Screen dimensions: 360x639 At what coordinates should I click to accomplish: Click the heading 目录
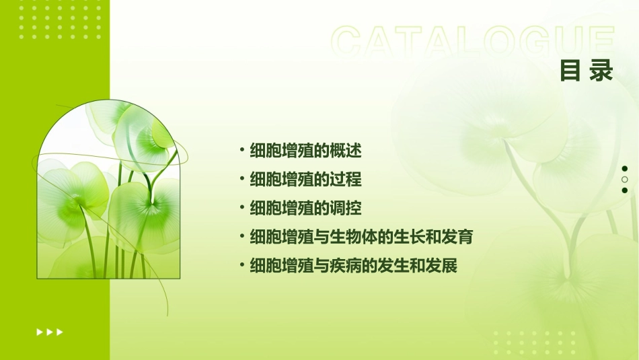(587, 71)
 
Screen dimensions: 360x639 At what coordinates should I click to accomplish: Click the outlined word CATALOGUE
(472, 42)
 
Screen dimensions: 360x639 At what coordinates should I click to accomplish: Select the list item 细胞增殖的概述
(305, 151)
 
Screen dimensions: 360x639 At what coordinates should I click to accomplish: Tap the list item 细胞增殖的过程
(305, 180)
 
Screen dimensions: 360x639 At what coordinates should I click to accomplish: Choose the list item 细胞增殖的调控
(305, 209)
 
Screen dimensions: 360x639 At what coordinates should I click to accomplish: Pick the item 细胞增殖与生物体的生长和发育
(361, 237)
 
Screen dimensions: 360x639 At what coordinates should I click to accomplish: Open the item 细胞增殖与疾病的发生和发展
(353, 266)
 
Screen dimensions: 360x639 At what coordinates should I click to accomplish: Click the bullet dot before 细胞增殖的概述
(242, 150)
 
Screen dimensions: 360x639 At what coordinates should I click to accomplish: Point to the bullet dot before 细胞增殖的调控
(242, 208)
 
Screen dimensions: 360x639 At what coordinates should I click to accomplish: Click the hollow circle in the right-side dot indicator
(624, 180)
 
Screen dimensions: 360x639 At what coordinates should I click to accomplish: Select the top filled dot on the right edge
(624, 169)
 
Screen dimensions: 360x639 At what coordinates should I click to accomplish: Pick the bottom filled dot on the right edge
(624, 190)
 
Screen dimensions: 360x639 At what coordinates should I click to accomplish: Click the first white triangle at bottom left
(39, 332)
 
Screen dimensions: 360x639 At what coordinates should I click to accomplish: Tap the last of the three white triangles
(60, 332)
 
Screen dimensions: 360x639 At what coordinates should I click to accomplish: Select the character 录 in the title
(601, 71)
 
